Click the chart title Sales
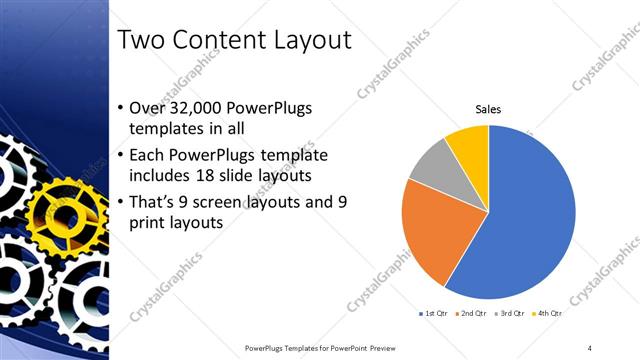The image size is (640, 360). [x=488, y=109]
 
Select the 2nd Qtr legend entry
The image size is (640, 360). [x=473, y=314]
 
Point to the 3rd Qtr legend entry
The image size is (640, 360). [x=511, y=314]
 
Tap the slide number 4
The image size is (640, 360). [x=590, y=347]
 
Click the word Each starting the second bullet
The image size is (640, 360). [x=148, y=155]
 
